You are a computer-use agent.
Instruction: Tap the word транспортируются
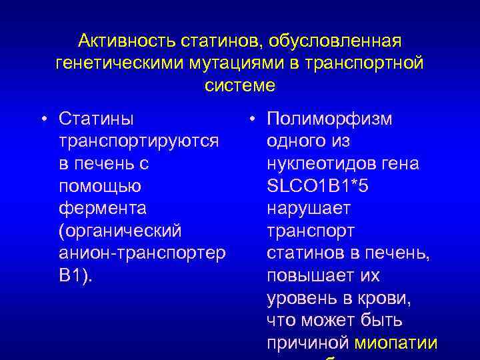(x=139, y=141)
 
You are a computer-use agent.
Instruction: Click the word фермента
(x=102, y=208)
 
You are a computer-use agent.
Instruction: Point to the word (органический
(x=120, y=231)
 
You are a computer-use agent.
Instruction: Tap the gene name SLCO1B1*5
(x=317, y=186)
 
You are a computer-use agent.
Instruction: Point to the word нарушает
(x=308, y=208)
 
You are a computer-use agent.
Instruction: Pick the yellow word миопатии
(x=396, y=343)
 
